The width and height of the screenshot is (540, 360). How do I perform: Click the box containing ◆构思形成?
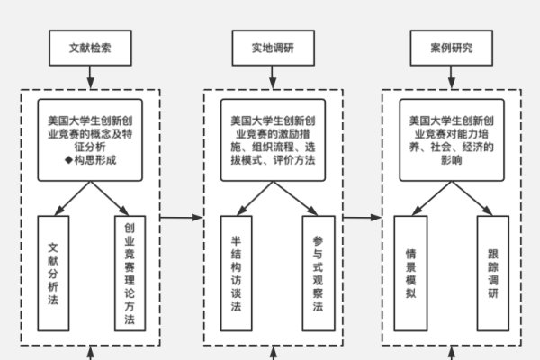click(92, 139)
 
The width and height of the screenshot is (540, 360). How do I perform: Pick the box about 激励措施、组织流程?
click(273, 139)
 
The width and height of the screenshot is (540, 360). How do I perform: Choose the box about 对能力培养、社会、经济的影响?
click(452, 139)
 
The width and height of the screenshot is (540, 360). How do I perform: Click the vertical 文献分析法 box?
click(53, 273)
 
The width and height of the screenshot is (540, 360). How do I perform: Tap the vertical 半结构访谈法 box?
click(236, 273)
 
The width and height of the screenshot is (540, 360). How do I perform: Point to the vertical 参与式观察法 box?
click(317, 273)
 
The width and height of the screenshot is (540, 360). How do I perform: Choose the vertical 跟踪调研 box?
click(492, 273)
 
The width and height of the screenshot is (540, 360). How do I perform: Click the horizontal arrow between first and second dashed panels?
click(183, 217)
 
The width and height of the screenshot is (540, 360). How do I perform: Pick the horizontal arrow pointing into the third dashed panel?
click(363, 217)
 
